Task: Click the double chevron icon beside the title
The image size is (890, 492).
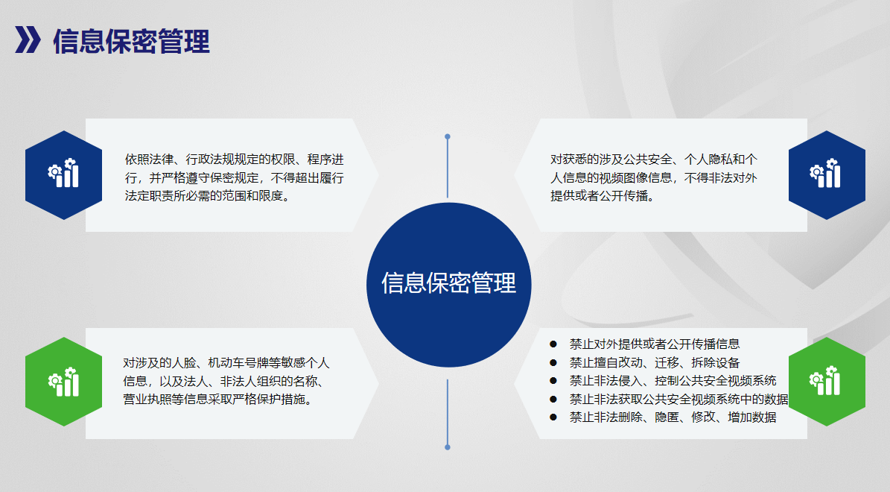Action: point(28,40)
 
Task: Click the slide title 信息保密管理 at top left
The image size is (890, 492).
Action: point(131,42)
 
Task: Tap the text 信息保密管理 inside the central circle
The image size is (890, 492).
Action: point(448,283)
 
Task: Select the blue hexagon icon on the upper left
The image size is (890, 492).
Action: point(63,175)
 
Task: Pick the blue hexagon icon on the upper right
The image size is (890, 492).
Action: point(827,175)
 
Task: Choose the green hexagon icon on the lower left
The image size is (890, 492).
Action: point(63,382)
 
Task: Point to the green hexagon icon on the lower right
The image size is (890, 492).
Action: point(827,382)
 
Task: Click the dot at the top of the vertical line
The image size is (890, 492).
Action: point(448,137)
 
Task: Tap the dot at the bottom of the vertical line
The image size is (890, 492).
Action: point(448,447)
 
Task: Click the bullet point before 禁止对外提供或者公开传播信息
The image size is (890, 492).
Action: point(553,344)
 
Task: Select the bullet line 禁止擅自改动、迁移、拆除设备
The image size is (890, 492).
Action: point(655,362)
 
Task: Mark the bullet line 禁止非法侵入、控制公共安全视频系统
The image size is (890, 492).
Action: point(673,381)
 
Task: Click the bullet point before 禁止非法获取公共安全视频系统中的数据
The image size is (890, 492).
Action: point(553,400)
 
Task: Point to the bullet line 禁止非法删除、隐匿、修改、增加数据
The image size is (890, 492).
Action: point(673,417)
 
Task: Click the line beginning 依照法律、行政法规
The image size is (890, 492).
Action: point(235,160)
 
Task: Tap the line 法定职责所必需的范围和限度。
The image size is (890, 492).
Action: point(207,196)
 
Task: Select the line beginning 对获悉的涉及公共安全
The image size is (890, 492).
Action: point(654,160)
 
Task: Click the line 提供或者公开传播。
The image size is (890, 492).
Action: point(603,196)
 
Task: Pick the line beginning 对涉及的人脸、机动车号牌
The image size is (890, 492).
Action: point(226,363)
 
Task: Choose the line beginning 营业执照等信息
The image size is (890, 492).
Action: point(218,400)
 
